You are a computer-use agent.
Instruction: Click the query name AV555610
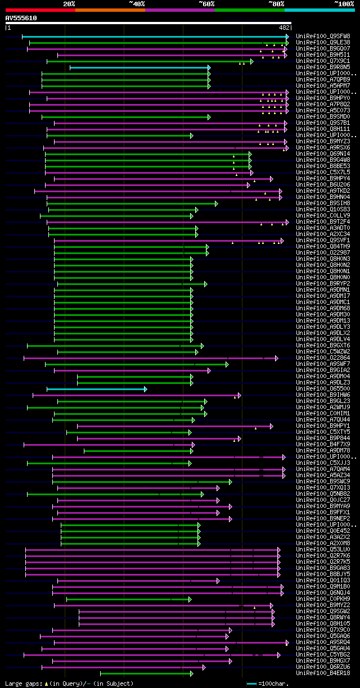[x=21, y=18]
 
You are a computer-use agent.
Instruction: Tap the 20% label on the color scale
[x=69, y=3]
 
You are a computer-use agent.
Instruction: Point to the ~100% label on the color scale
[x=344, y=3]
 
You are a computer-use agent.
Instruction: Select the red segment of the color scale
[x=40, y=10]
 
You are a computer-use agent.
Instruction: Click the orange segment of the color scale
[x=110, y=10]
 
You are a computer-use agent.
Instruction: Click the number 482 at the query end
[x=284, y=28]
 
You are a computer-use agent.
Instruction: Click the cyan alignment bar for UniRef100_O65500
[x=96, y=389]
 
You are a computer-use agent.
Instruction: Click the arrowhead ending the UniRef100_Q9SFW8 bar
[x=287, y=37]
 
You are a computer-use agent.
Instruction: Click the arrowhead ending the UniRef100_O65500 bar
[x=145, y=389]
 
